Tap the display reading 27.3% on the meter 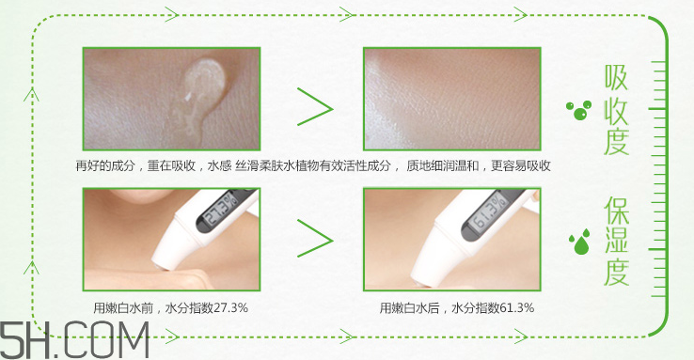(x=222, y=209)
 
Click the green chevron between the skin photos (x=315, y=107)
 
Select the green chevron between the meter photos (x=315, y=239)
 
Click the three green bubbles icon (x=579, y=111)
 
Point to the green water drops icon (x=580, y=242)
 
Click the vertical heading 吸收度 (x=617, y=110)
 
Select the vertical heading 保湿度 (x=617, y=242)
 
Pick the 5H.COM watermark (x=74, y=339)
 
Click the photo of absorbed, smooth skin (x=452, y=99)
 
